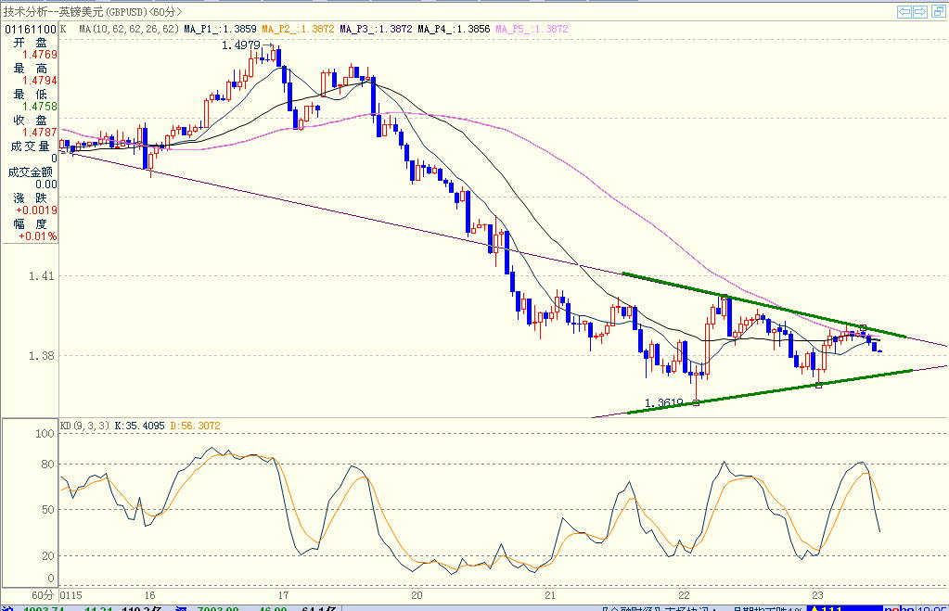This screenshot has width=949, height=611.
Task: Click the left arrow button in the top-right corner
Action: [x=904, y=11]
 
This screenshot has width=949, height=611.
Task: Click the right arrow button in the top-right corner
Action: [x=920, y=11]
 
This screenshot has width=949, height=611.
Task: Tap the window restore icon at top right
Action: [x=937, y=11]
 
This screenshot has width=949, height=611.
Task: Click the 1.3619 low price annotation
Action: [x=664, y=403]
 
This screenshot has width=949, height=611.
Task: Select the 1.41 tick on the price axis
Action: [x=42, y=275]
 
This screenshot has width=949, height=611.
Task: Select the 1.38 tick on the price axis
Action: [x=42, y=356]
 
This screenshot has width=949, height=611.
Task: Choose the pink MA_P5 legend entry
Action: [x=532, y=29]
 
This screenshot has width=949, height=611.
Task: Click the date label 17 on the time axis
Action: [x=283, y=595]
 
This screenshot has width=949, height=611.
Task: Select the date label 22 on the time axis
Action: [x=684, y=595]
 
